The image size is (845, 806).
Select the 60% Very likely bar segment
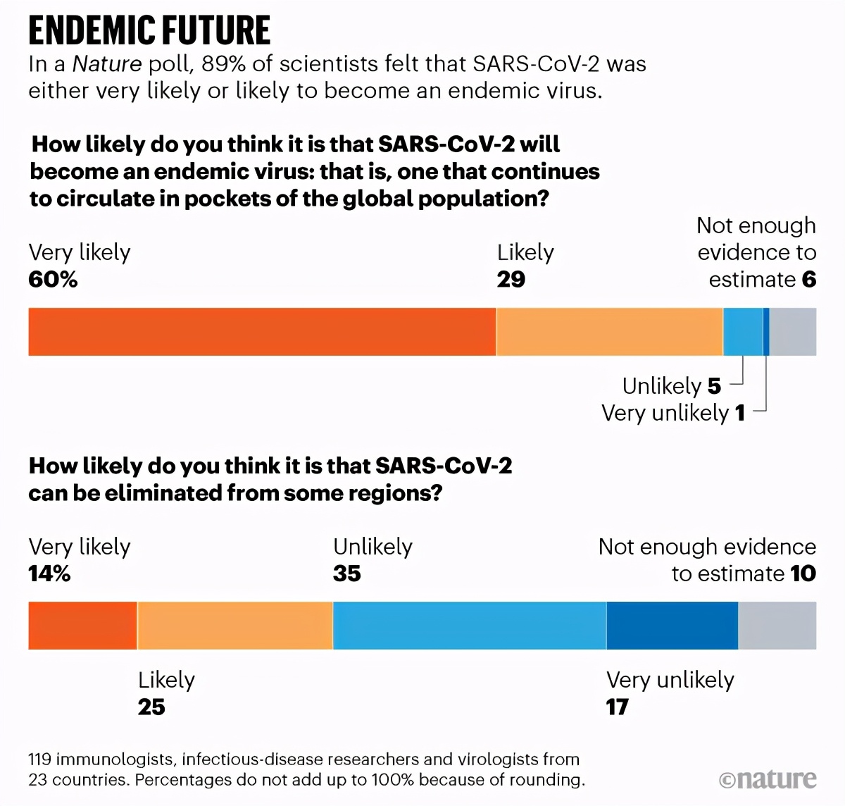coord(262,331)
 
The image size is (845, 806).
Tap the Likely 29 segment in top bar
coord(610,331)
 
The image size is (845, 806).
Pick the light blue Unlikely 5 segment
coord(743,331)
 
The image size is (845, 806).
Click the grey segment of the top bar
coord(793,331)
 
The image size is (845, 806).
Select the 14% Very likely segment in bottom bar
coord(82,626)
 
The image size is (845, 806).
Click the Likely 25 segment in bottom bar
coord(235,626)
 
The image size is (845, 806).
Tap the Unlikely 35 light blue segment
coord(469,626)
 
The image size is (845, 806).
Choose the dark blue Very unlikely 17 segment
coord(672,626)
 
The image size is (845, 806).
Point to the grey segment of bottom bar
coord(777,626)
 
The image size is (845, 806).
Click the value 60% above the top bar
coord(53,280)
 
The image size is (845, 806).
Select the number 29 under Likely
coord(511,280)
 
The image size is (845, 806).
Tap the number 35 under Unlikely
coord(347,573)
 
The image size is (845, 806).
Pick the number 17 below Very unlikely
coord(618,707)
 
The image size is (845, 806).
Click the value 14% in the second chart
coord(49,573)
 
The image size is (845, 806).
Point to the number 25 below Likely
coord(151,707)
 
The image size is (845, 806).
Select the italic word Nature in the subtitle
coord(107,64)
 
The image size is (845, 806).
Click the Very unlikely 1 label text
coord(672,413)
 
